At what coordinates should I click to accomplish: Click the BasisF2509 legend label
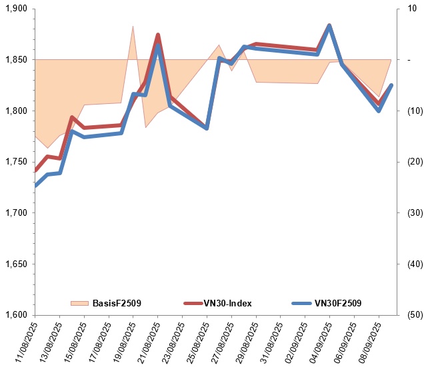pyautogui.click(x=117, y=303)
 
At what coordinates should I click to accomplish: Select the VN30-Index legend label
pyautogui.click(x=229, y=303)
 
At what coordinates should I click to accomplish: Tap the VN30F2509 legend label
pyautogui.click(x=338, y=303)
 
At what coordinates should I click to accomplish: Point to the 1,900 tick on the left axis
pyautogui.click(x=15, y=9)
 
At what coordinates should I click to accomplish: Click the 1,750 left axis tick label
pyautogui.click(x=15, y=162)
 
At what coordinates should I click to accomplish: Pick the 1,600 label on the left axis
pyautogui.click(x=15, y=315)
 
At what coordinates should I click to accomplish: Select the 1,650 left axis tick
pyautogui.click(x=15, y=264)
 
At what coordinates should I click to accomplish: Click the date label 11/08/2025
pyautogui.click(x=23, y=341)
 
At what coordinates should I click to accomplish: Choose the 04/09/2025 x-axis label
pyautogui.click(x=318, y=341)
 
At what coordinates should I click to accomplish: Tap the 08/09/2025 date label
pyautogui.click(x=367, y=341)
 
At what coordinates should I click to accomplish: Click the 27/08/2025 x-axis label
pyautogui.click(x=220, y=341)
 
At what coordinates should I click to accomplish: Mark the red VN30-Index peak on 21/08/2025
pyautogui.click(x=158, y=35)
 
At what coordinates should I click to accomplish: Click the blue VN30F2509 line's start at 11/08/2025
pyautogui.click(x=35, y=185)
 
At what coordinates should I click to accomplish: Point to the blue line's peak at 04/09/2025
pyautogui.click(x=329, y=26)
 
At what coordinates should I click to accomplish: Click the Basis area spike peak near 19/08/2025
pyautogui.click(x=133, y=27)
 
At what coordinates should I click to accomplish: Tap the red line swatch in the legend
pyautogui.click(x=194, y=303)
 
